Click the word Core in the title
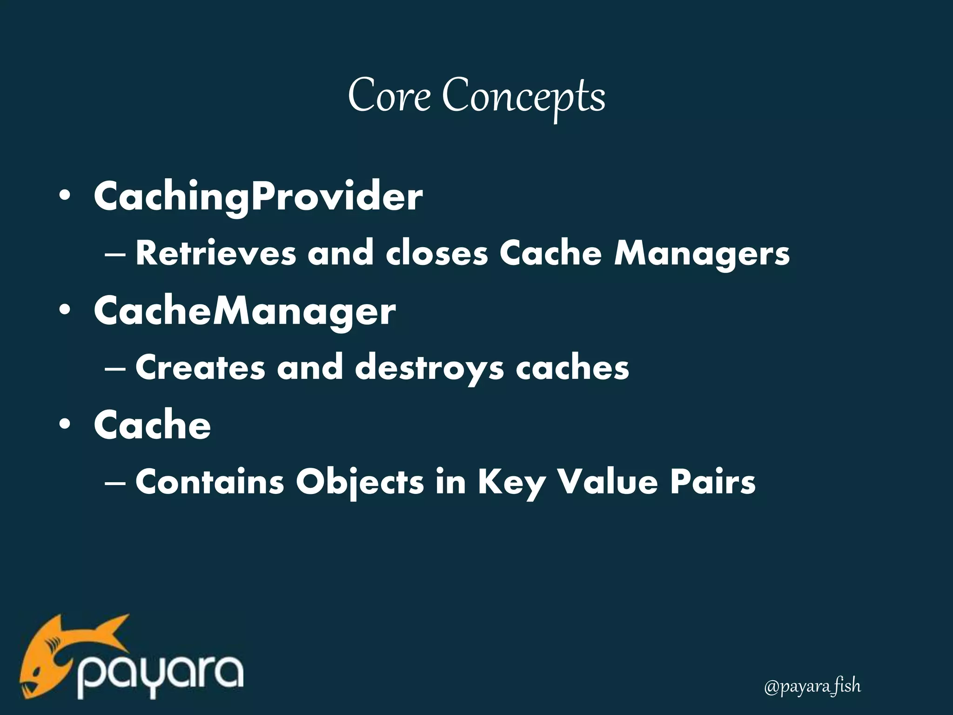[389, 95]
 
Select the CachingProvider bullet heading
[258, 197]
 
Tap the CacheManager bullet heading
[245, 311]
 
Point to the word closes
[436, 253]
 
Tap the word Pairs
[713, 482]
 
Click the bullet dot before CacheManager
[65, 311]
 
